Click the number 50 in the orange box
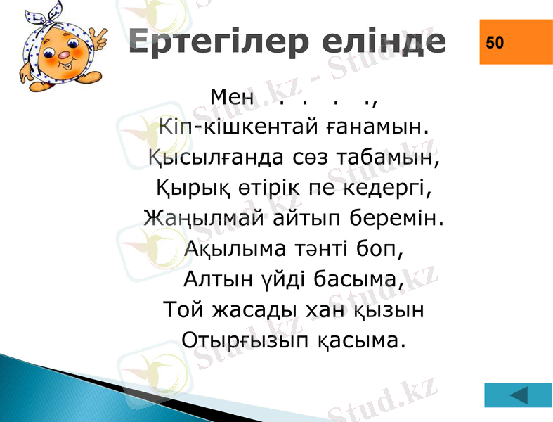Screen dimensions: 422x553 pos(495,42)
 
